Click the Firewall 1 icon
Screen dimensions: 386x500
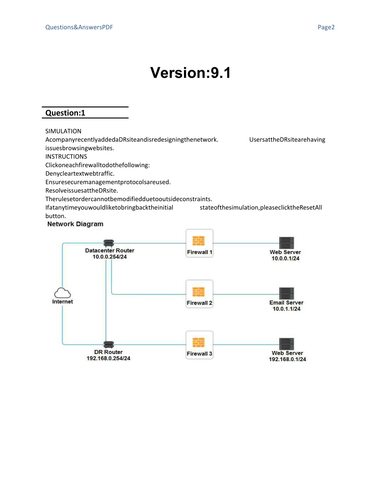tap(198, 241)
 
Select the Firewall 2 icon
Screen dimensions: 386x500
tap(198, 292)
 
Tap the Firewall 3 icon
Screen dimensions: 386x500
tap(198, 342)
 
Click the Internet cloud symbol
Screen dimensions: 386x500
tap(62, 293)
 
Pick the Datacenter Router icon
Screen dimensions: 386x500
tap(109, 243)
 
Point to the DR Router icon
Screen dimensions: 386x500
tap(109, 345)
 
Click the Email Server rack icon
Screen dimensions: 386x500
tap(286, 293)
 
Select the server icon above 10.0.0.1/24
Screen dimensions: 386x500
tap(286, 243)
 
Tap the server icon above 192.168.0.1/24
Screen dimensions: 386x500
tap(286, 344)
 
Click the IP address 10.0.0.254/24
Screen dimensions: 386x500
tap(110, 257)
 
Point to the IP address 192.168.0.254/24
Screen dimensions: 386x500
tap(109, 358)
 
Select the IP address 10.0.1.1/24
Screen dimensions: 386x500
tap(286, 309)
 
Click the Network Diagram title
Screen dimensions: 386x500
tap(75, 224)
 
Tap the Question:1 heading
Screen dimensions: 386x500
tap(65, 113)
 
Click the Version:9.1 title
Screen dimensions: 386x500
tap(190, 73)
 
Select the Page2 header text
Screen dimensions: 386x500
tap(326, 27)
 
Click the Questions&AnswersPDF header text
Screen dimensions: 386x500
tap(79, 27)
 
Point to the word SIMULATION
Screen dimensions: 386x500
tap(63, 131)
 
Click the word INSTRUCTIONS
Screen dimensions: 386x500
tap(66, 157)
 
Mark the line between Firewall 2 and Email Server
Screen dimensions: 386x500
tap(246, 294)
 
